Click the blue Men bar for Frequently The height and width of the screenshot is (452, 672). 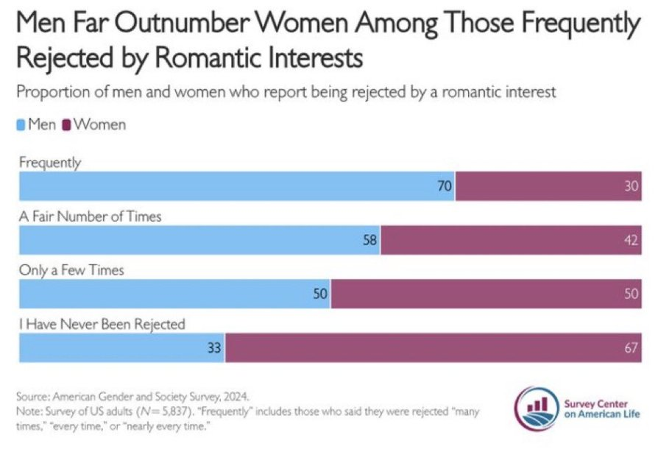coord(236,186)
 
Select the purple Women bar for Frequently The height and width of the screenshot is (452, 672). coord(548,186)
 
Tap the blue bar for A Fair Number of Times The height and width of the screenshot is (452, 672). coord(199,240)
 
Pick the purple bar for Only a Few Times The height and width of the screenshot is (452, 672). coord(486,294)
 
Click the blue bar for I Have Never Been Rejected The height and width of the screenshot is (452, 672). coord(121,347)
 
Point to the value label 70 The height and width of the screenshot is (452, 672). coord(444,187)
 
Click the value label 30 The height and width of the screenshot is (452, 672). coord(631,187)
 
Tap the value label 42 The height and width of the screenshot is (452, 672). coord(631,241)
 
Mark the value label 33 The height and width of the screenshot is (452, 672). coord(213,348)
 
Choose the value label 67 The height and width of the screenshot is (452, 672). coord(631,348)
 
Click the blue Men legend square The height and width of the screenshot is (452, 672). coord(22,125)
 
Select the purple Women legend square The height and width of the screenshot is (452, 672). coord(67,125)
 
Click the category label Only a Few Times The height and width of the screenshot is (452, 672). coord(71,270)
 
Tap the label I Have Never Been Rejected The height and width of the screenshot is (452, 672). coord(102,324)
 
